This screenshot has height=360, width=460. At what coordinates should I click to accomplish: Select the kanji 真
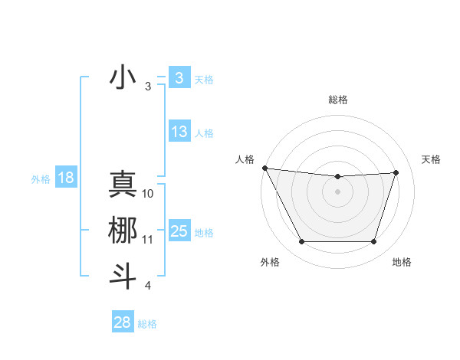tap(123, 185)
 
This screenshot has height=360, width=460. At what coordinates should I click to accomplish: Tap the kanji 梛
tap(123, 231)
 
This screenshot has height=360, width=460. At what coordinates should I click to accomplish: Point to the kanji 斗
tap(123, 276)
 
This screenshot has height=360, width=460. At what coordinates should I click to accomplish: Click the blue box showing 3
tap(179, 78)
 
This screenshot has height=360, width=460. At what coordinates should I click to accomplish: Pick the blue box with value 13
tap(179, 132)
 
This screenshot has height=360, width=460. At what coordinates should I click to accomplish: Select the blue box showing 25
tap(179, 231)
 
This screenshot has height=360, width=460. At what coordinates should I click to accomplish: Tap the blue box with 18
tap(66, 178)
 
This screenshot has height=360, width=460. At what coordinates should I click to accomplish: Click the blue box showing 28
tap(122, 322)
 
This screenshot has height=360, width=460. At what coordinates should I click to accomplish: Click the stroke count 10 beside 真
tap(148, 194)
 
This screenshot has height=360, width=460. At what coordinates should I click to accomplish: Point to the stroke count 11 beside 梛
tap(148, 240)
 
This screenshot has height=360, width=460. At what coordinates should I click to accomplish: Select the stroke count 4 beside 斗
tap(147, 286)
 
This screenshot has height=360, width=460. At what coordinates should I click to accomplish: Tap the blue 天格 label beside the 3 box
tap(203, 79)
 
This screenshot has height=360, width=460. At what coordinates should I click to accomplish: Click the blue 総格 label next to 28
tap(147, 324)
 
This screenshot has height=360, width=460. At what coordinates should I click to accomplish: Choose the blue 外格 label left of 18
tap(41, 179)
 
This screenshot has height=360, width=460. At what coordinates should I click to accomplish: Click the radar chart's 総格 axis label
tap(338, 100)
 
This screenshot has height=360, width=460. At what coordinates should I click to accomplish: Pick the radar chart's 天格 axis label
tap(431, 159)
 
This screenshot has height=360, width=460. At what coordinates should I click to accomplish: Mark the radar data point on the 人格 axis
tap(264, 168)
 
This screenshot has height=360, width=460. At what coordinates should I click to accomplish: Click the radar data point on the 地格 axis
tap(374, 242)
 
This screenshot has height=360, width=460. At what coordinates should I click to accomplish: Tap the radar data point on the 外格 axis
tap(301, 242)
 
